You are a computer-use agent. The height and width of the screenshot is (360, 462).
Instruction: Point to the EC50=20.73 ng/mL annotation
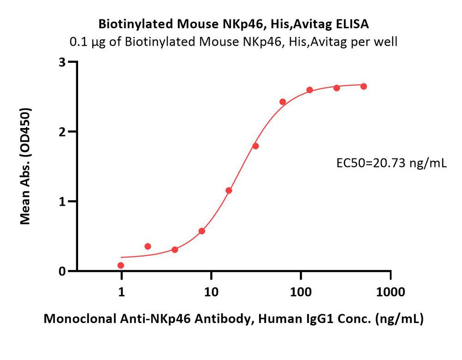point(391,162)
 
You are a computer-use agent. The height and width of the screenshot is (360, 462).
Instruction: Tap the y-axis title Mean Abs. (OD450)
point(26,166)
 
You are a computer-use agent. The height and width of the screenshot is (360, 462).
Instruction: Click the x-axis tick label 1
point(122,292)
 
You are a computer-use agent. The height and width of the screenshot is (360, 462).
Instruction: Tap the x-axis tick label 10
point(211,292)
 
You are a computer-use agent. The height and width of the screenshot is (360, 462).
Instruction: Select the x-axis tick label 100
point(301,292)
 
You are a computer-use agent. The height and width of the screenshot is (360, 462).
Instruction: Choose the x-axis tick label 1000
point(390,292)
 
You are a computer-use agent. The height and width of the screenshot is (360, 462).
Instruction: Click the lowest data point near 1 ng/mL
point(121,265)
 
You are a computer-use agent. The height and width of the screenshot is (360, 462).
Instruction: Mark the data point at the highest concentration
point(364,86)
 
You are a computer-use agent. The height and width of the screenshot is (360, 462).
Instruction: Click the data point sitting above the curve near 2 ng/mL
point(148,246)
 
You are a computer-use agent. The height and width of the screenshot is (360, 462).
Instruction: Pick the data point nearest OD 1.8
point(255,146)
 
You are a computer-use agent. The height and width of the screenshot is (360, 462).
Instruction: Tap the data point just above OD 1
point(229,190)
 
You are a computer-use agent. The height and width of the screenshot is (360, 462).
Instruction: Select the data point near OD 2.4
point(283,102)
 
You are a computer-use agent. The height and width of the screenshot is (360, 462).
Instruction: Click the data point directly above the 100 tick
point(310,90)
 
